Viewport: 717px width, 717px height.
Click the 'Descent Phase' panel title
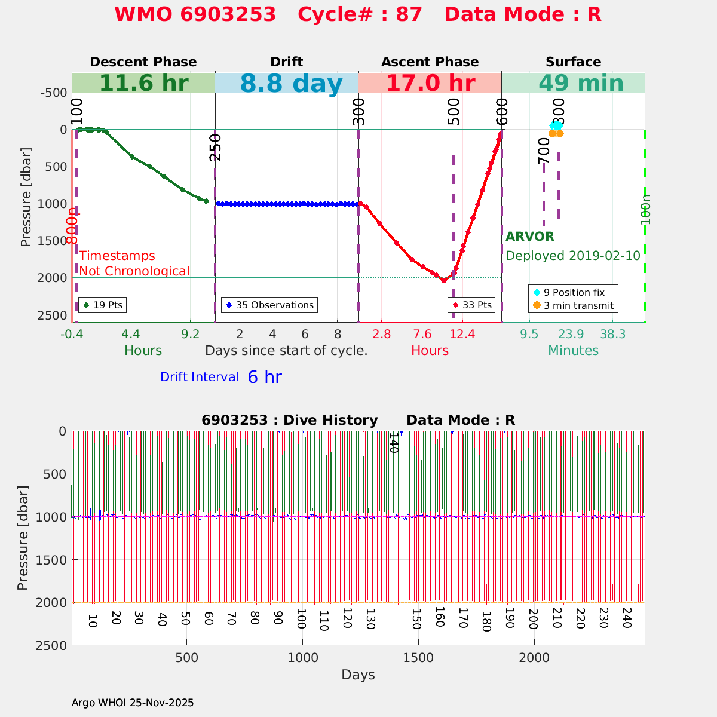click(x=143, y=62)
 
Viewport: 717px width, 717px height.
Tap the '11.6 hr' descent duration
click(x=143, y=84)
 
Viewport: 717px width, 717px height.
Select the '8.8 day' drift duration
click(x=291, y=84)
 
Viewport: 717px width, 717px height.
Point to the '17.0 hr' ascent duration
click(x=430, y=84)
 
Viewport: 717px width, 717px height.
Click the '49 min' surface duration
click(x=573, y=84)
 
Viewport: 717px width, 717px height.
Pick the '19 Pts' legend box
click(x=102, y=305)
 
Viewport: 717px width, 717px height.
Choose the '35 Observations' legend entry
click(x=269, y=305)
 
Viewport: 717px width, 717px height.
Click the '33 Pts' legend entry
click(x=472, y=305)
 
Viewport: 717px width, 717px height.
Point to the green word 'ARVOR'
click(x=530, y=237)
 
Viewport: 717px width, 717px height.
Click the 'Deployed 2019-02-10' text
click(x=573, y=256)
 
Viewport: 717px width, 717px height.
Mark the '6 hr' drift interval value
click(x=265, y=377)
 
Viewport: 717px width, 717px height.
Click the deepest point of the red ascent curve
click(x=444, y=280)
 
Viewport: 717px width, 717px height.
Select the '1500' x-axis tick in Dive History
click(x=418, y=657)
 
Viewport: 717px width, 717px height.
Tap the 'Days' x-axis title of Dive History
click(x=358, y=675)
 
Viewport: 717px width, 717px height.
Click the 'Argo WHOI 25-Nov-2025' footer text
click(x=133, y=703)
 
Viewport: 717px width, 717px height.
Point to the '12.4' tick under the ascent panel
click(x=462, y=334)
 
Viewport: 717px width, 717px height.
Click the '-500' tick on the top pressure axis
click(x=53, y=93)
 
